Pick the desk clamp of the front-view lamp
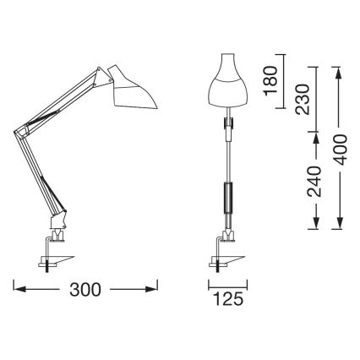point(225,254)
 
